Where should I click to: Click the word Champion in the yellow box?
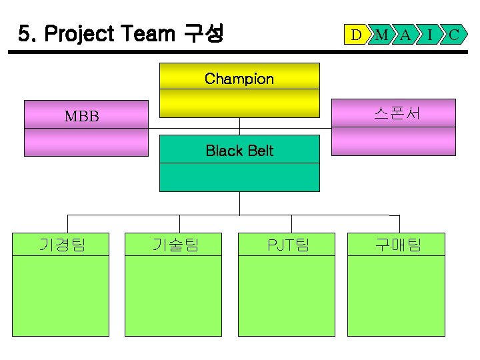[x=239, y=79]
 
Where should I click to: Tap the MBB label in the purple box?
[x=81, y=117]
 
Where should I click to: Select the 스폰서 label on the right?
[x=397, y=113]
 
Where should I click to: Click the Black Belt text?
[x=239, y=151]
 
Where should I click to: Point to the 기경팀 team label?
[x=62, y=245]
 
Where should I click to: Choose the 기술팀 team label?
[x=175, y=245]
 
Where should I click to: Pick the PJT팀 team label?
[x=288, y=245]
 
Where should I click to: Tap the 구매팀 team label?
[x=398, y=245]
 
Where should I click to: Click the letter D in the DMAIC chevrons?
[x=357, y=34]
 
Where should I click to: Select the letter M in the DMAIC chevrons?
[x=381, y=34]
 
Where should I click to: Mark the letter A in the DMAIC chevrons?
[x=406, y=34]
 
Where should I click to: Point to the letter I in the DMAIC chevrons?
[x=430, y=34]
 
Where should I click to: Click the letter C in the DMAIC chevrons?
[x=453, y=34]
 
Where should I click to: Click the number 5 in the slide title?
[x=24, y=33]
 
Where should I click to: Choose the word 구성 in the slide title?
[x=203, y=33]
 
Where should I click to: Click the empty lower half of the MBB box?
[x=86, y=141]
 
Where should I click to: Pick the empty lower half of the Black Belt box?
[x=239, y=177]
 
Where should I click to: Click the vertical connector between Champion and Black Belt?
[x=240, y=126]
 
